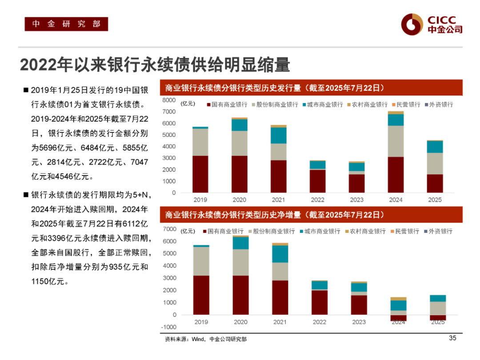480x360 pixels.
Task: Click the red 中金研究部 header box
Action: (66, 24)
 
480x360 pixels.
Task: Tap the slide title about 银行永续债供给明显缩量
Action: (155, 64)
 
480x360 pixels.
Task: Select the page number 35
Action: (452, 338)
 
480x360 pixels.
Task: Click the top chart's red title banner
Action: (311, 88)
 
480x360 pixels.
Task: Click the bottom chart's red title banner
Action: (311, 215)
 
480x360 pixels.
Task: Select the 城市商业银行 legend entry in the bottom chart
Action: (319, 232)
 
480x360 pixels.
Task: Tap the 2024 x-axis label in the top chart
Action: (396, 200)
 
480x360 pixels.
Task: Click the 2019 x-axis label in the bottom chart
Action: (201, 322)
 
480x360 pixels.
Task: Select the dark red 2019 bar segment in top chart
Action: (201, 174)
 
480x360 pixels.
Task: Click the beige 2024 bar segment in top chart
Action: (396, 141)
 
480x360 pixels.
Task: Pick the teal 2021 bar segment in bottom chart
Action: (280, 253)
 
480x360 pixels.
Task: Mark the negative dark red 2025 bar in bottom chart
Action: (438, 317)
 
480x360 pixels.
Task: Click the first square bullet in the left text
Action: (25, 90)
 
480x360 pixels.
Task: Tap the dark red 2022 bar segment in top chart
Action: (318, 181)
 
